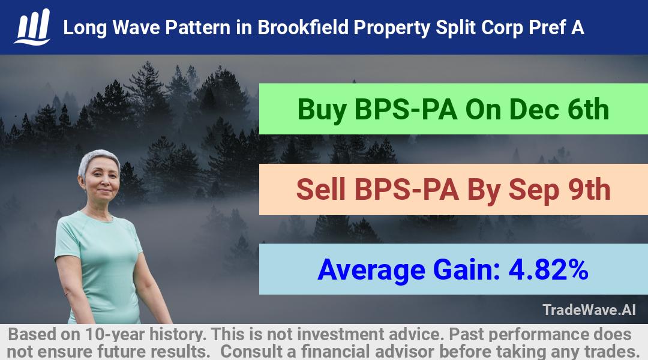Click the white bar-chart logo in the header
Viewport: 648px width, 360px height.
32,27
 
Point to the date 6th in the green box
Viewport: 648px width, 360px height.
587,110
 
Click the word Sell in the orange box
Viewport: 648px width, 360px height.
320,190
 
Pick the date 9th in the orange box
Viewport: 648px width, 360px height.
589,190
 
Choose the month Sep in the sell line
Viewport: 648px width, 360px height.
533,191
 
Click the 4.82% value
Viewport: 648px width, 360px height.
548,269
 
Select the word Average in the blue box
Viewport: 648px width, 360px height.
371,270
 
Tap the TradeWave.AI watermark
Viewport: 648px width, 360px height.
589,310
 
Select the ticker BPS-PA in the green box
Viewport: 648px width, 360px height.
406,110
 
